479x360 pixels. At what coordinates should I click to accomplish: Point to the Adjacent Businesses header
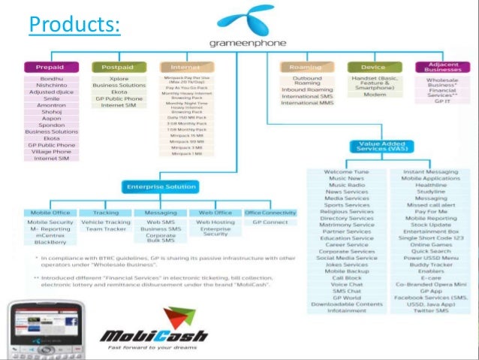coord(441,67)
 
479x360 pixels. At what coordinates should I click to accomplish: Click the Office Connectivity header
coord(271,213)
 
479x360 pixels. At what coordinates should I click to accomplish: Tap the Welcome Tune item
coord(346,172)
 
